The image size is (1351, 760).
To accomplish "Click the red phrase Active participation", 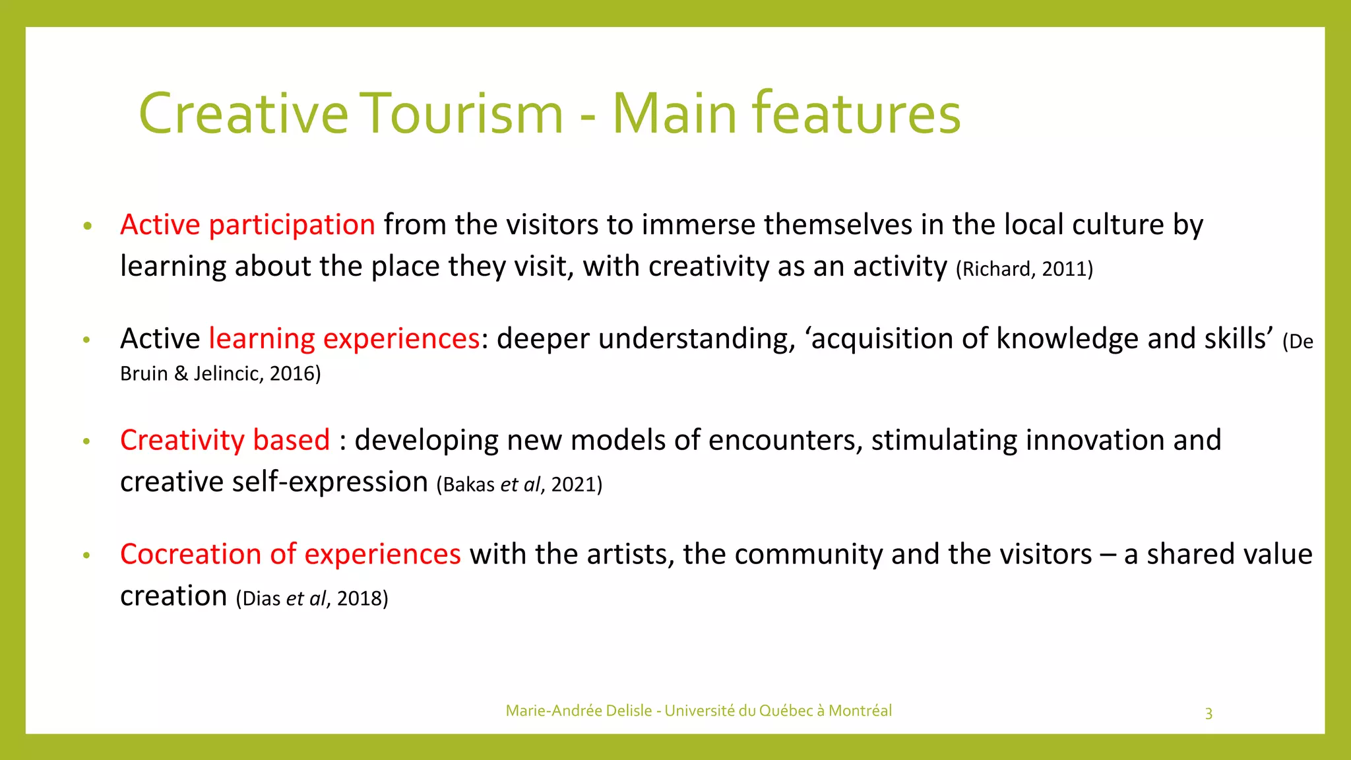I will [x=247, y=224].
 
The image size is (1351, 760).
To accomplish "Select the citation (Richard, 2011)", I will [x=1024, y=269].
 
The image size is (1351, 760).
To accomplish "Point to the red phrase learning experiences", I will [x=344, y=338].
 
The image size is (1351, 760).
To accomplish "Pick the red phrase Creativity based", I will [x=225, y=440].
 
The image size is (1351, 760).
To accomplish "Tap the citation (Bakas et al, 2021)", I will [x=519, y=485].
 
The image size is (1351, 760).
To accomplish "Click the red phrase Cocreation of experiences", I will [x=290, y=554].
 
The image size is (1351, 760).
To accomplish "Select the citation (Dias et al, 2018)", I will [x=312, y=598].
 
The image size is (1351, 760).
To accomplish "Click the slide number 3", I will [x=1209, y=713].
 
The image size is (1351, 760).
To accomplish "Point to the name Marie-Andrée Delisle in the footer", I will [x=579, y=711].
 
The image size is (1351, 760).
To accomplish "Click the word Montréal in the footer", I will [x=860, y=711].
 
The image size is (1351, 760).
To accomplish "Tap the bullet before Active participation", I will [x=87, y=226].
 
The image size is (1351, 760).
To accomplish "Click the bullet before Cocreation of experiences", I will [x=86, y=555].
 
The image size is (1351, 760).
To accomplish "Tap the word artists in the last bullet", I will [x=630, y=554].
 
